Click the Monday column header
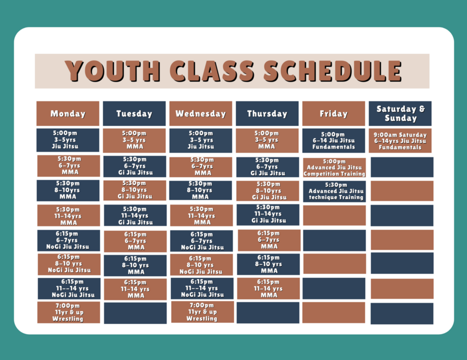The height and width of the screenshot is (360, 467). (68, 113)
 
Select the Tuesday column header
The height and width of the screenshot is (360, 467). (134, 113)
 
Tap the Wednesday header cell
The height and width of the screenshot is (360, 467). (201, 113)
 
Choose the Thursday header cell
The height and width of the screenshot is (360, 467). (267, 113)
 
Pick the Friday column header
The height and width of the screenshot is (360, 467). (334, 113)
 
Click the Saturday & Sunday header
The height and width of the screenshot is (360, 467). (400, 113)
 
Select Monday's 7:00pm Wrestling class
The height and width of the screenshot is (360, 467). (69, 313)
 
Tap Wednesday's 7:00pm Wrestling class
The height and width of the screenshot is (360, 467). (202, 312)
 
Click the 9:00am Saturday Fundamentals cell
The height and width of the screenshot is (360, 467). (400, 141)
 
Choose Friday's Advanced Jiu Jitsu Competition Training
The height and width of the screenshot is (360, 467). (335, 168)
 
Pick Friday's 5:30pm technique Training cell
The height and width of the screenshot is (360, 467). (335, 191)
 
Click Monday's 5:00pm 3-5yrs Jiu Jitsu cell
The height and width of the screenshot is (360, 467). (68, 140)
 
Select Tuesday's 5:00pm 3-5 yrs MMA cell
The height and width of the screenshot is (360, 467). (134, 141)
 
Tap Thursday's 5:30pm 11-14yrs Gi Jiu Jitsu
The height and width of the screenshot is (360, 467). (268, 215)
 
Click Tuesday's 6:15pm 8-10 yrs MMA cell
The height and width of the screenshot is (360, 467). (135, 265)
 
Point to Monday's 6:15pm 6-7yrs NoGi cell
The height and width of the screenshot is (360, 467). (69, 240)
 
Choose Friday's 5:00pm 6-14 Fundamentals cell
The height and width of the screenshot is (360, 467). (334, 141)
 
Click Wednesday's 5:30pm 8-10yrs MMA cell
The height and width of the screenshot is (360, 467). (200, 190)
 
